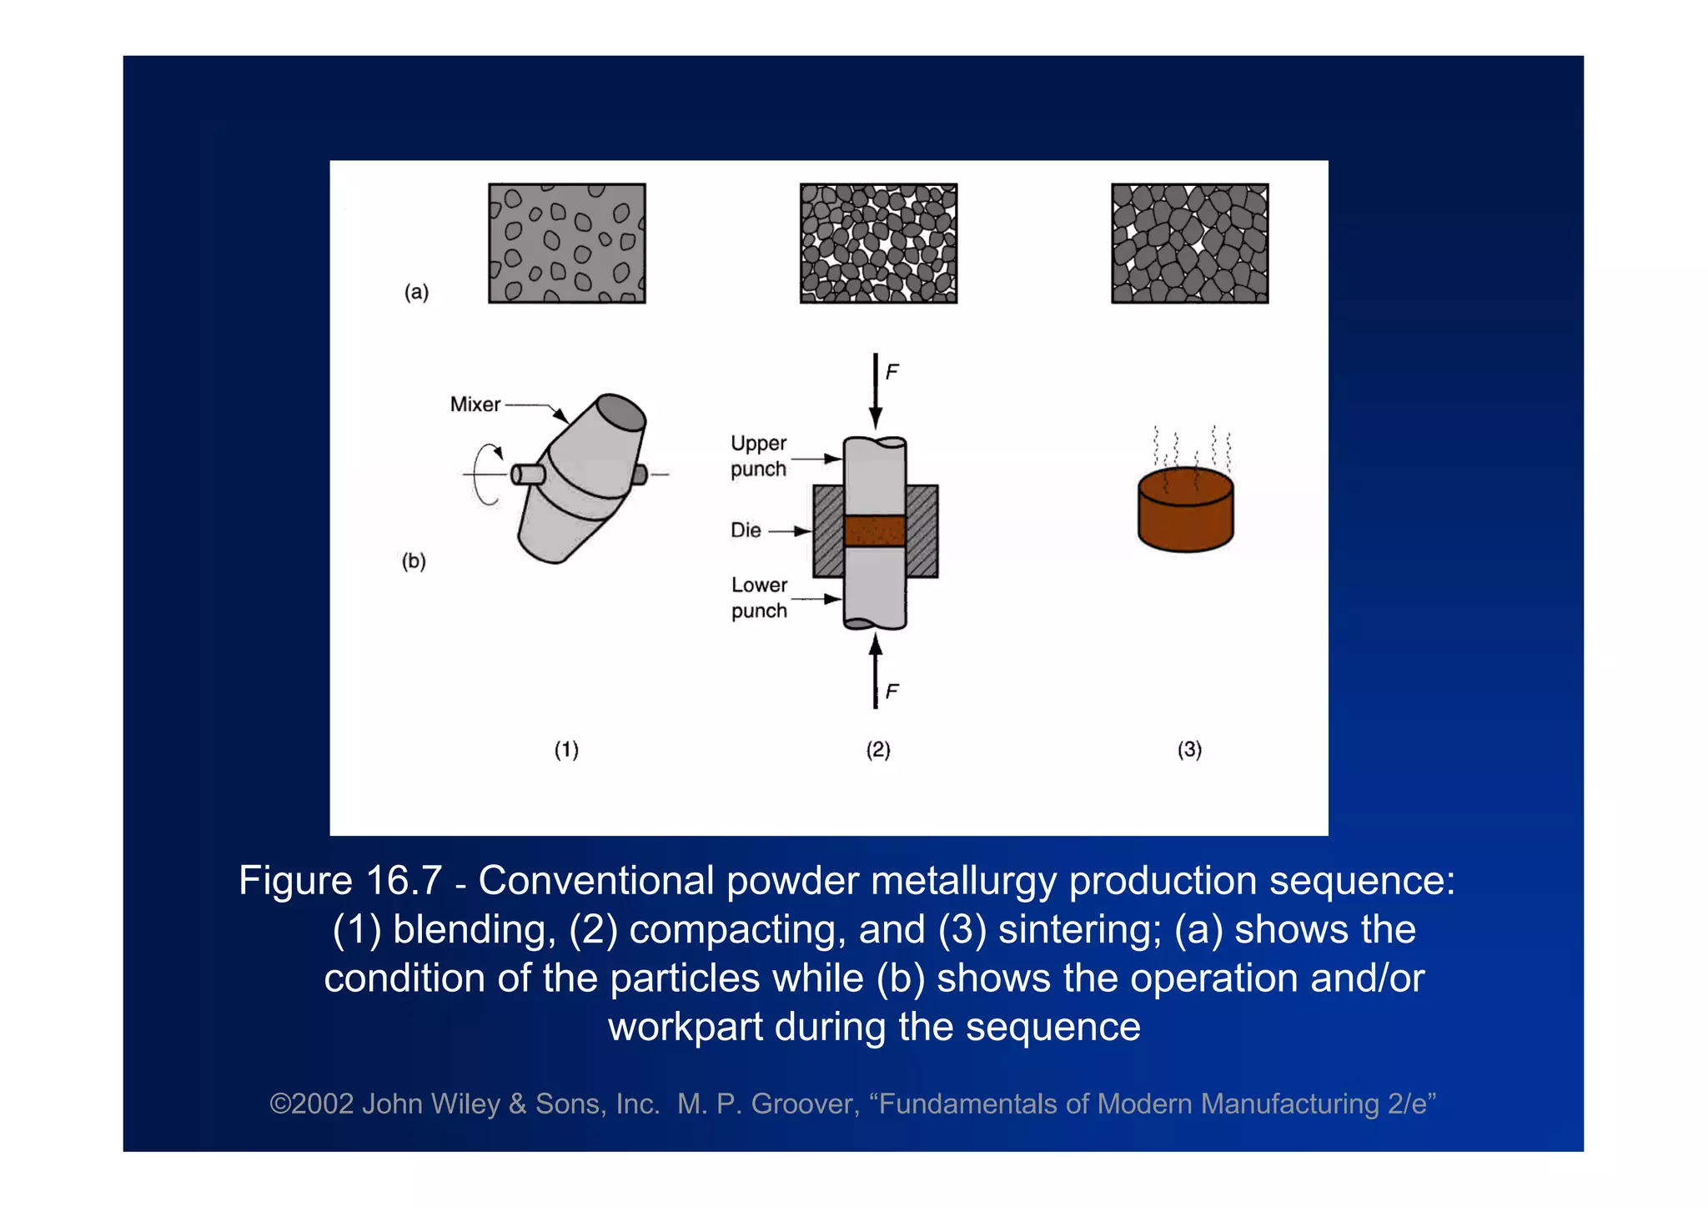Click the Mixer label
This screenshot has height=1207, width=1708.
pyautogui.click(x=475, y=405)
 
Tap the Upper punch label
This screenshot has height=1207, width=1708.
pyautogui.click(x=758, y=456)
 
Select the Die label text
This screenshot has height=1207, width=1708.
pyautogui.click(x=746, y=531)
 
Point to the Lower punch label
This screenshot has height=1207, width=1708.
pyautogui.click(x=759, y=598)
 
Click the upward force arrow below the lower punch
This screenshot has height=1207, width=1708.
pyautogui.click(x=875, y=671)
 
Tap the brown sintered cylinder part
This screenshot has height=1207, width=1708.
pyautogui.click(x=1185, y=510)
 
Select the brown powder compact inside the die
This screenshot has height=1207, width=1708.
pyautogui.click(x=875, y=531)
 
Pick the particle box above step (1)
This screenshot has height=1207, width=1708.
pyautogui.click(x=567, y=244)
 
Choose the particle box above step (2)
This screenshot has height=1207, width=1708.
pyautogui.click(x=878, y=244)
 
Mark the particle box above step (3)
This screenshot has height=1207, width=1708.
pyautogui.click(x=1189, y=244)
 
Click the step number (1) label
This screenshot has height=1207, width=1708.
pyautogui.click(x=566, y=750)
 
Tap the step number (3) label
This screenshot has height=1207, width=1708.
pyautogui.click(x=1189, y=750)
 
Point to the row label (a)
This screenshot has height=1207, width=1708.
pyautogui.click(x=416, y=292)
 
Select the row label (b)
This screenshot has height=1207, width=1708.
pyautogui.click(x=414, y=561)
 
